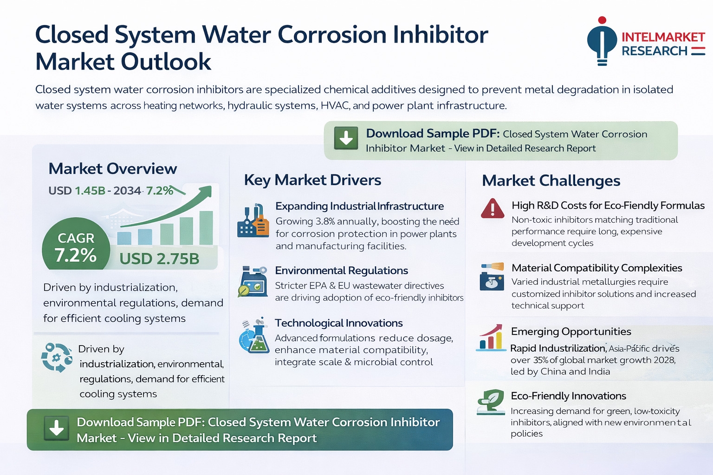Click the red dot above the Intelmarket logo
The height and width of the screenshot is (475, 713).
tap(602, 20)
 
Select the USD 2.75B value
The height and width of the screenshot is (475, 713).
tap(159, 259)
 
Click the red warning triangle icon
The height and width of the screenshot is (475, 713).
tap(493, 208)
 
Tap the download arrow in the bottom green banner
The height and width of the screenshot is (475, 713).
tap(56, 428)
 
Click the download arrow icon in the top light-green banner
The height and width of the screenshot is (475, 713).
tap(346, 138)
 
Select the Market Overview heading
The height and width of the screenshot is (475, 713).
tap(113, 168)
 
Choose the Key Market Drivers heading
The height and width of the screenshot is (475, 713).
tap(312, 180)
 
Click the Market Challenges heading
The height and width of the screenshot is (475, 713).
tap(551, 181)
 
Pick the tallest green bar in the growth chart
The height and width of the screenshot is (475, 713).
tap(206, 228)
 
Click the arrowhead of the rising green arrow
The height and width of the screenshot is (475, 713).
tap(206, 192)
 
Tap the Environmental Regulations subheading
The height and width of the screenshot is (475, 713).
tap(342, 270)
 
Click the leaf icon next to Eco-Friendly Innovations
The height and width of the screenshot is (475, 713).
tap(491, 402)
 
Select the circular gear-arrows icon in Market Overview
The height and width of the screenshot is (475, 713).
tap(57, 357)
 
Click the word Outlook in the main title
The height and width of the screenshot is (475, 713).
tap(166, 62)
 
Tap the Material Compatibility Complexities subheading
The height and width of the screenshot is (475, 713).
tap(597, 268)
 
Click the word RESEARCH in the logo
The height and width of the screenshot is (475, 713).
tap(655, 51)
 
